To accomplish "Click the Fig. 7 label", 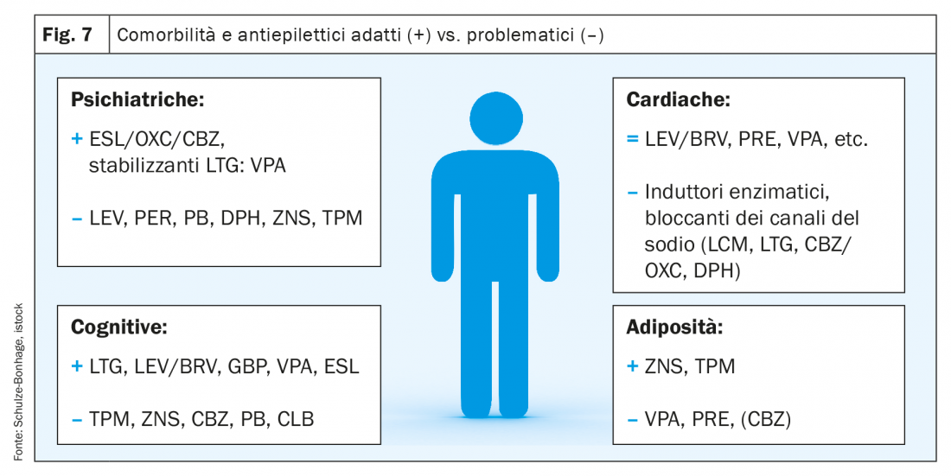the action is click(67, 35).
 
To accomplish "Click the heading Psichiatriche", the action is click(137, 100).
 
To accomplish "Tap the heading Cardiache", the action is click(678, 100).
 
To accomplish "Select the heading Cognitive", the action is click(119, 327).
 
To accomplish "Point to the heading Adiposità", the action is click(674, 327).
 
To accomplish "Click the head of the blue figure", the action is click(496, 118).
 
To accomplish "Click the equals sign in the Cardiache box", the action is click(633, 139).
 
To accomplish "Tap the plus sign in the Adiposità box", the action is click(633, 366).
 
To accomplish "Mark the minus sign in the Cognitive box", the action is click(76, 420).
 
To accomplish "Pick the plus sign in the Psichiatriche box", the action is click(76, 139).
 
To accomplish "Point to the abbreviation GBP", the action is click(247, 366).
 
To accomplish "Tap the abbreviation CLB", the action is click(296, 419).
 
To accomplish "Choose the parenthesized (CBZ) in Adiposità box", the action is click(765, 419).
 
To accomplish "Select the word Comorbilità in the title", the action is click(166, 35).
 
